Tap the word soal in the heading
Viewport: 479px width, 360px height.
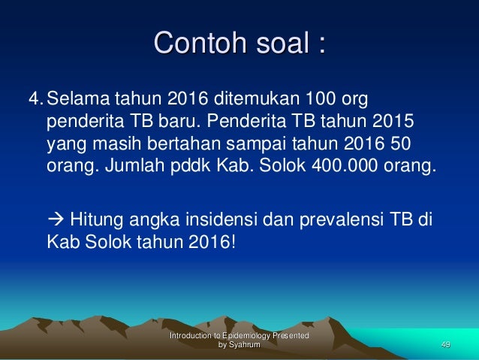(282, 43)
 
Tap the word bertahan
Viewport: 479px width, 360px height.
(185, 144)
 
